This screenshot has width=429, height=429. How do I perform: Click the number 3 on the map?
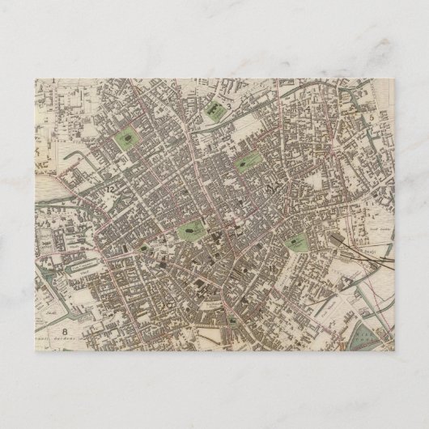[229, 106]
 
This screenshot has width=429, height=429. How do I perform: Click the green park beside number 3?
[216, 108]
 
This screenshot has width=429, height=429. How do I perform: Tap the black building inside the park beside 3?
[214, 106]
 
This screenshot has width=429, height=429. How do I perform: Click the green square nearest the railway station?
[299, 241]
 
